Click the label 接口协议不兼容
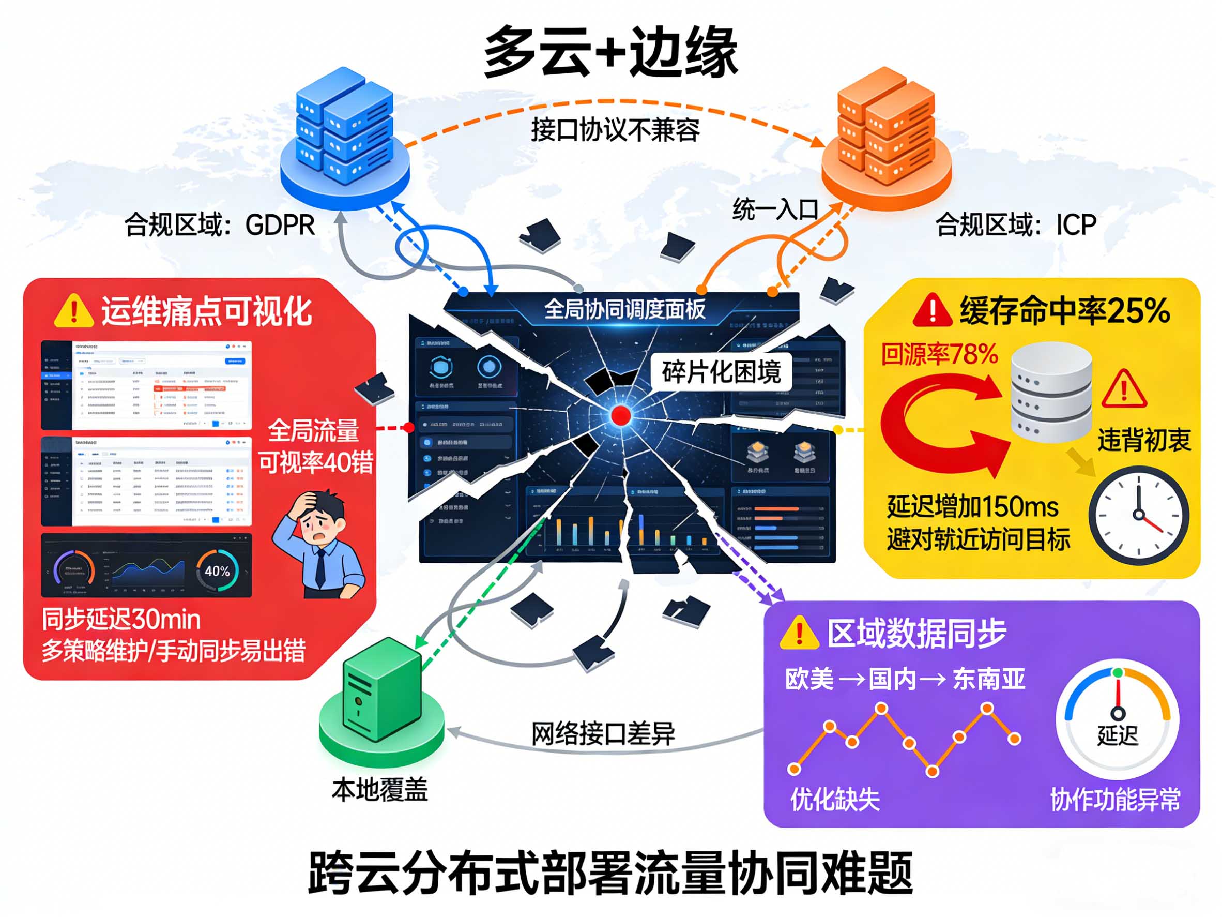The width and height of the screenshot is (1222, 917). (615, 130)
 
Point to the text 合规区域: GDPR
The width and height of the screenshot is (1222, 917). (219, 225)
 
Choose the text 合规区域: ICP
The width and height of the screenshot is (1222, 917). (1015, 225)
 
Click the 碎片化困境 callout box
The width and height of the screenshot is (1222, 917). (721, 372)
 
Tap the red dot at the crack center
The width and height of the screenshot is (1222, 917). (621, 415)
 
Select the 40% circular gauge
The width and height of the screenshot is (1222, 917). (217, 571)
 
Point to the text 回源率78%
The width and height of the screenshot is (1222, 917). (939, 354)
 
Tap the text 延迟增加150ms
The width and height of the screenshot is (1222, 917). (972, 506)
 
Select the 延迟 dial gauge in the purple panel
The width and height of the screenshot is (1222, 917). (1117, 718)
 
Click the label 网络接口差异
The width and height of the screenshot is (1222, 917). (603, 733)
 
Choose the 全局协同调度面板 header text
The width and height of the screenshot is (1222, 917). (624, 309)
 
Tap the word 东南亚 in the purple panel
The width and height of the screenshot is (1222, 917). (989, 679)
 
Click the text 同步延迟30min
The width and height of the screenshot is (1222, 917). (121, 620)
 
